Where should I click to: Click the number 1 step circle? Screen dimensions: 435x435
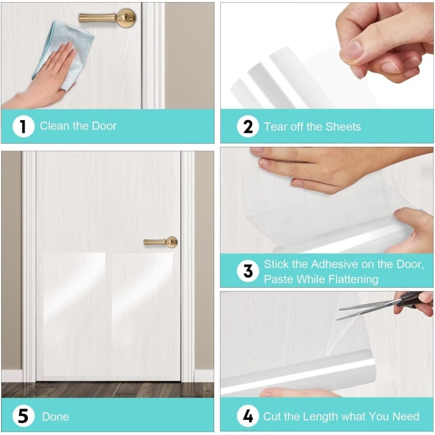pyautogui.click(x=23, y=126)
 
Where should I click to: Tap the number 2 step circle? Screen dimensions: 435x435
pyautogui.click(x=248, y=127)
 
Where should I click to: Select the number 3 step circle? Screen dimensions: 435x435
pyautogui.click(x=248, y=271)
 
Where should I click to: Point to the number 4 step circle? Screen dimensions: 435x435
pyautogui.click(x=248, y=416)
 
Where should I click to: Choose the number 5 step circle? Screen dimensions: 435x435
pyautogui.click(x=23, y=416)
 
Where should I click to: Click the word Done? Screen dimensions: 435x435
pyautogui.click(x=55, y=417)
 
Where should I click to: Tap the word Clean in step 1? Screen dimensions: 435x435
pyautogui.click(x=54, y=126)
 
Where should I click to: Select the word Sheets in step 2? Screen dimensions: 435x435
pyautogui.click(x=343, y=127)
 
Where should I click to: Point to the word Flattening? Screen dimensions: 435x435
pyautogui.click(x=352, y=279)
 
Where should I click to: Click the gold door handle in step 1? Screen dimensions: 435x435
pyautogui.click(x=108, y=18)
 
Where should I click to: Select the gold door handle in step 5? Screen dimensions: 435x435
pyautogui.click(x=160, y=242)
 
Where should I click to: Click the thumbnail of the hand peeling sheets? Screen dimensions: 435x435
pyautogui.click(x=327, y=55)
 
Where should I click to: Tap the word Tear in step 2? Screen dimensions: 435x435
pyautogui.click(x=275, y=127)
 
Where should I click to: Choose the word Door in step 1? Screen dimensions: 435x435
pyautogui.click(x=104, y=126)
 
